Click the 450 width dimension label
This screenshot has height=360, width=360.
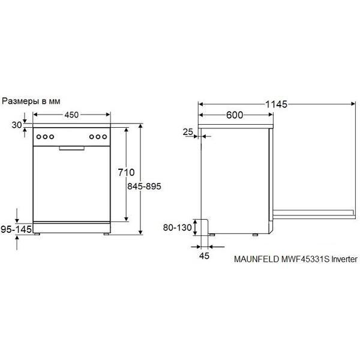pos(71,115)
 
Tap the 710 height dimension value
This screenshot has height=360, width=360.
pos(126,172)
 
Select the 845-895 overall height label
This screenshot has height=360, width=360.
pos(144,186)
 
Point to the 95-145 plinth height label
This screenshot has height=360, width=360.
pos(16,229)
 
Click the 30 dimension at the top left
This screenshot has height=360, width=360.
pos(17,125)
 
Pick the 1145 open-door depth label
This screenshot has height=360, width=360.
pos(276,104)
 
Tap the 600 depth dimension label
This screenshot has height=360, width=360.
pos(235,115)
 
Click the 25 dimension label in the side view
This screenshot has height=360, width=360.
pos(188,132)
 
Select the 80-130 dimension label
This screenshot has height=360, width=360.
pos(177,227)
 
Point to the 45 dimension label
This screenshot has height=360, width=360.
pos(204,256)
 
